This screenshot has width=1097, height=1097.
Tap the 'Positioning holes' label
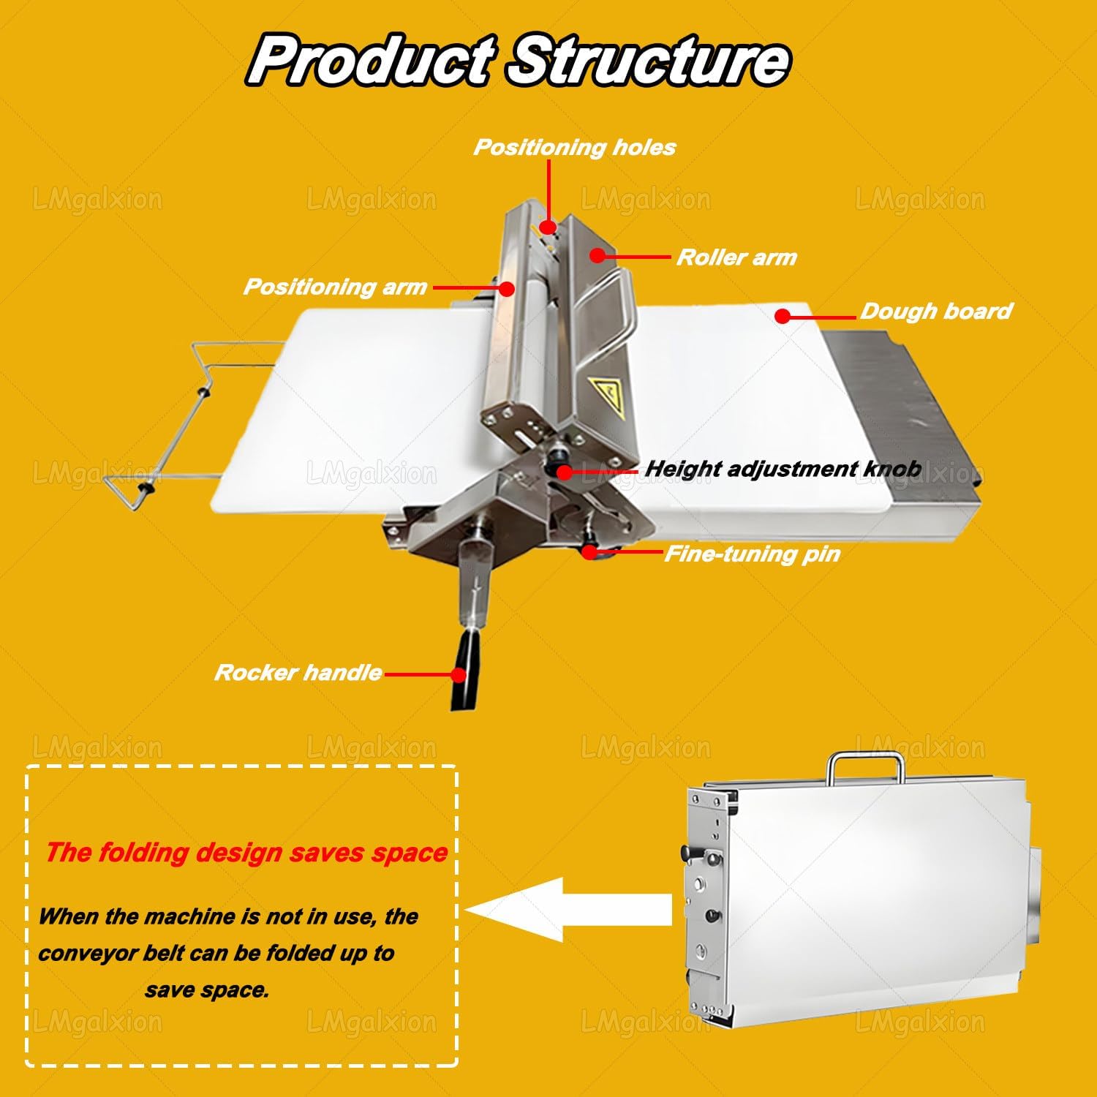pos(575,147)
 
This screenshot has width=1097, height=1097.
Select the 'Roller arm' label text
pos(736,257)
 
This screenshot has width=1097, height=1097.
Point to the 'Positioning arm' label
pos(335,287)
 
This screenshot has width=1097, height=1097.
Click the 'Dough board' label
pos(936,312)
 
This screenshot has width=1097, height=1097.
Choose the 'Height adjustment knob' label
pos(783,469)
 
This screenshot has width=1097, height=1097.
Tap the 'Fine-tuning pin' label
pos(752,554)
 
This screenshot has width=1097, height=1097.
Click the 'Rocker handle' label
pos(298,673)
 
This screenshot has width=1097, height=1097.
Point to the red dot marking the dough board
pos(783,317)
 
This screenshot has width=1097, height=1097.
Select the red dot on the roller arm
pos(597,255)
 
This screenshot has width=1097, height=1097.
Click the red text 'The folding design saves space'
pos(246,853)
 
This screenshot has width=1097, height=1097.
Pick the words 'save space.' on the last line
pos(207,990)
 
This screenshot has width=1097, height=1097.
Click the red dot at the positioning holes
pos(548,227)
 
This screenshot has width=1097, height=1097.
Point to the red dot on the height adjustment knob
pos(564,472)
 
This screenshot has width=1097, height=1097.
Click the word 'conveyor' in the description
pos(81,954)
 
